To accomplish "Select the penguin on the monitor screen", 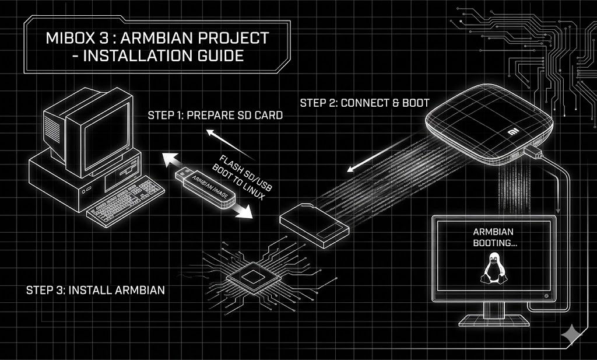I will pyautogui.click(x=492, y=270).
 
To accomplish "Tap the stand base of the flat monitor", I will pyautogui.click(x=492, y=321).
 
